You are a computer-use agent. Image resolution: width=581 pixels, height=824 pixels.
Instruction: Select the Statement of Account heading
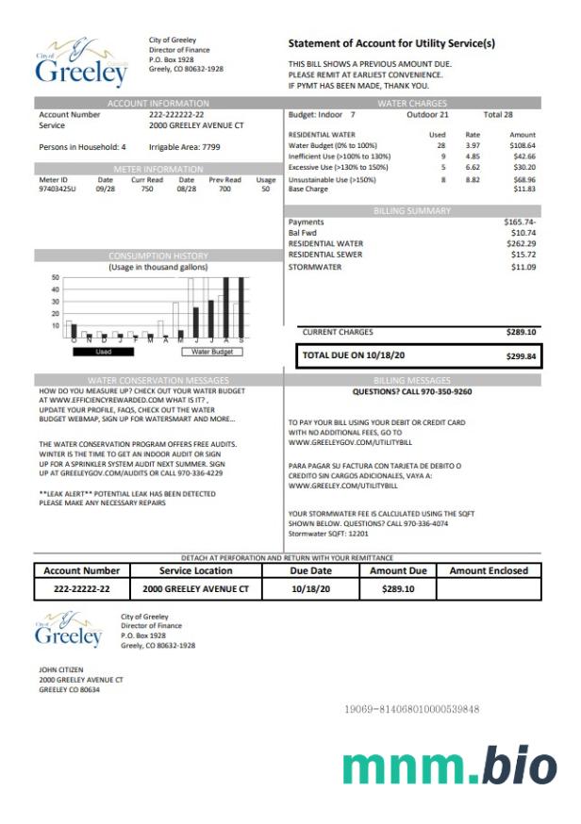(390, 43)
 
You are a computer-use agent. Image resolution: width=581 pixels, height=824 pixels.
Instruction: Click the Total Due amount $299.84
(521, 356)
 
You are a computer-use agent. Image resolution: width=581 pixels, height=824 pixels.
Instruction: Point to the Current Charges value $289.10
(521, 332)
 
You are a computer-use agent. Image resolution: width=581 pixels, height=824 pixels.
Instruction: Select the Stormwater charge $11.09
(523, 267)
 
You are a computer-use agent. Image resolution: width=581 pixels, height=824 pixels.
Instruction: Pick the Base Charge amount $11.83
(523, 189)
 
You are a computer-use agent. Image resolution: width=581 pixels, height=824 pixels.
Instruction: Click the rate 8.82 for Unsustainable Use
(473, 179)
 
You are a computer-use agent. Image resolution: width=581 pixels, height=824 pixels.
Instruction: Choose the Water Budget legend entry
(211, 352)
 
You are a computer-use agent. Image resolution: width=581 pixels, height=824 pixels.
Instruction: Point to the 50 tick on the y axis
(55, 278)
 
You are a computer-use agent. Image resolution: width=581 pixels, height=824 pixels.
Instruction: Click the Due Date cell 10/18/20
(311, 589)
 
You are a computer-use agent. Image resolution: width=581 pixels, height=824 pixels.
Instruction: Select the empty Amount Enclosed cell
(489, 589)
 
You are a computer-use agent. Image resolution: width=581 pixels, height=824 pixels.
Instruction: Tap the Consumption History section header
(158, 255)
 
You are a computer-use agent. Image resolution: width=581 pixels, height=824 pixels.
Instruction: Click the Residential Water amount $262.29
(520, 244)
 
